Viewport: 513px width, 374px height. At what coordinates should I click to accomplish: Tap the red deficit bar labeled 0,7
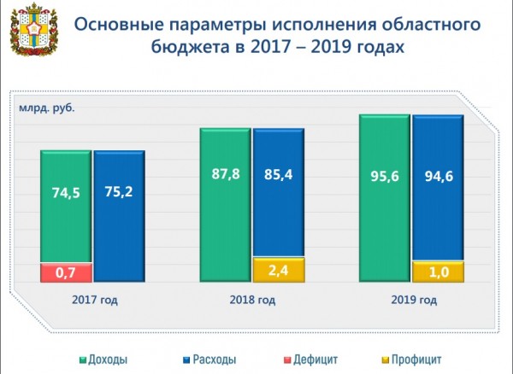click(66, 272)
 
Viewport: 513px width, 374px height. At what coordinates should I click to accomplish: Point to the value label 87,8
click(226, 173)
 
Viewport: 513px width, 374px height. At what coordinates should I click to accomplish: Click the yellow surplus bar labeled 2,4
click(278, 269)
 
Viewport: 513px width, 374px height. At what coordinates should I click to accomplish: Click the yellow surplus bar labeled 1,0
click(438, 272)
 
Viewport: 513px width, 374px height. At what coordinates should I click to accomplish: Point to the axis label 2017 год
click(94, 300)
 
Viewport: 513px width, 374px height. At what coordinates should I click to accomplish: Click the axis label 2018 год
click(252, 300)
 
